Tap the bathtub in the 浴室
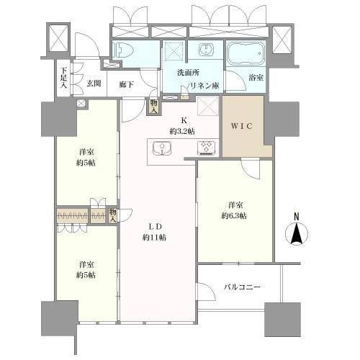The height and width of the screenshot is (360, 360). pyautogui.click(x=246, y=54)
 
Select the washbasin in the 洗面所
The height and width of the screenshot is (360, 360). pyautogui.click(x=206, y=50)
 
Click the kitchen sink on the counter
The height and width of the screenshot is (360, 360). pyautogui.click(x=162, y=148)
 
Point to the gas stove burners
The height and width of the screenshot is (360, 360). pyautogui.click(x=207, y=148)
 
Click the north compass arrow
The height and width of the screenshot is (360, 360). pyautogui.click(x=297, y=233)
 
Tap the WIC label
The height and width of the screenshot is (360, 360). pyautogui.click(x=241, y=126)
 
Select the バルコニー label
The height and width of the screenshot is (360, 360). pyautogui.click(x=242, y=287)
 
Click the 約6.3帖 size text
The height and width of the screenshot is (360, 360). pyautogui.click(x=234, y=216)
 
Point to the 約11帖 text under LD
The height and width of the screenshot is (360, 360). pyautogui.click(x=154, y=238)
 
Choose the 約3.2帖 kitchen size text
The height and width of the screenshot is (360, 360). pyautogui.click(x=182, y=131)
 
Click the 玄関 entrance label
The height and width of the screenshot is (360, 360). pyautogui.click(x=94, y=84)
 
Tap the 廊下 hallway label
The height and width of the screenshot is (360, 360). pyautogui.click(x=127, y=84)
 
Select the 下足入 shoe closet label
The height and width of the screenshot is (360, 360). pyautogui.click(x=63, y=78)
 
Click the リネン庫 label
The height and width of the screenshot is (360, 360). pyautogui.click(x=204, y=86)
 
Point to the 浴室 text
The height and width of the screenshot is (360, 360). pyautogui.click(x=256, y=78)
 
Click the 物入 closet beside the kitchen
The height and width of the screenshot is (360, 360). pyautogui.click(x=154, y=107)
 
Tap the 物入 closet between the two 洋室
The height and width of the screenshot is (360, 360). pyautogui.click(x=112, y=215)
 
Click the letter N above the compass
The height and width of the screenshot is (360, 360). pyautogui.click(x=297, y=217)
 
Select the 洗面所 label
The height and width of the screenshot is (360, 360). pyautogui.click(x=188, y=73)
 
